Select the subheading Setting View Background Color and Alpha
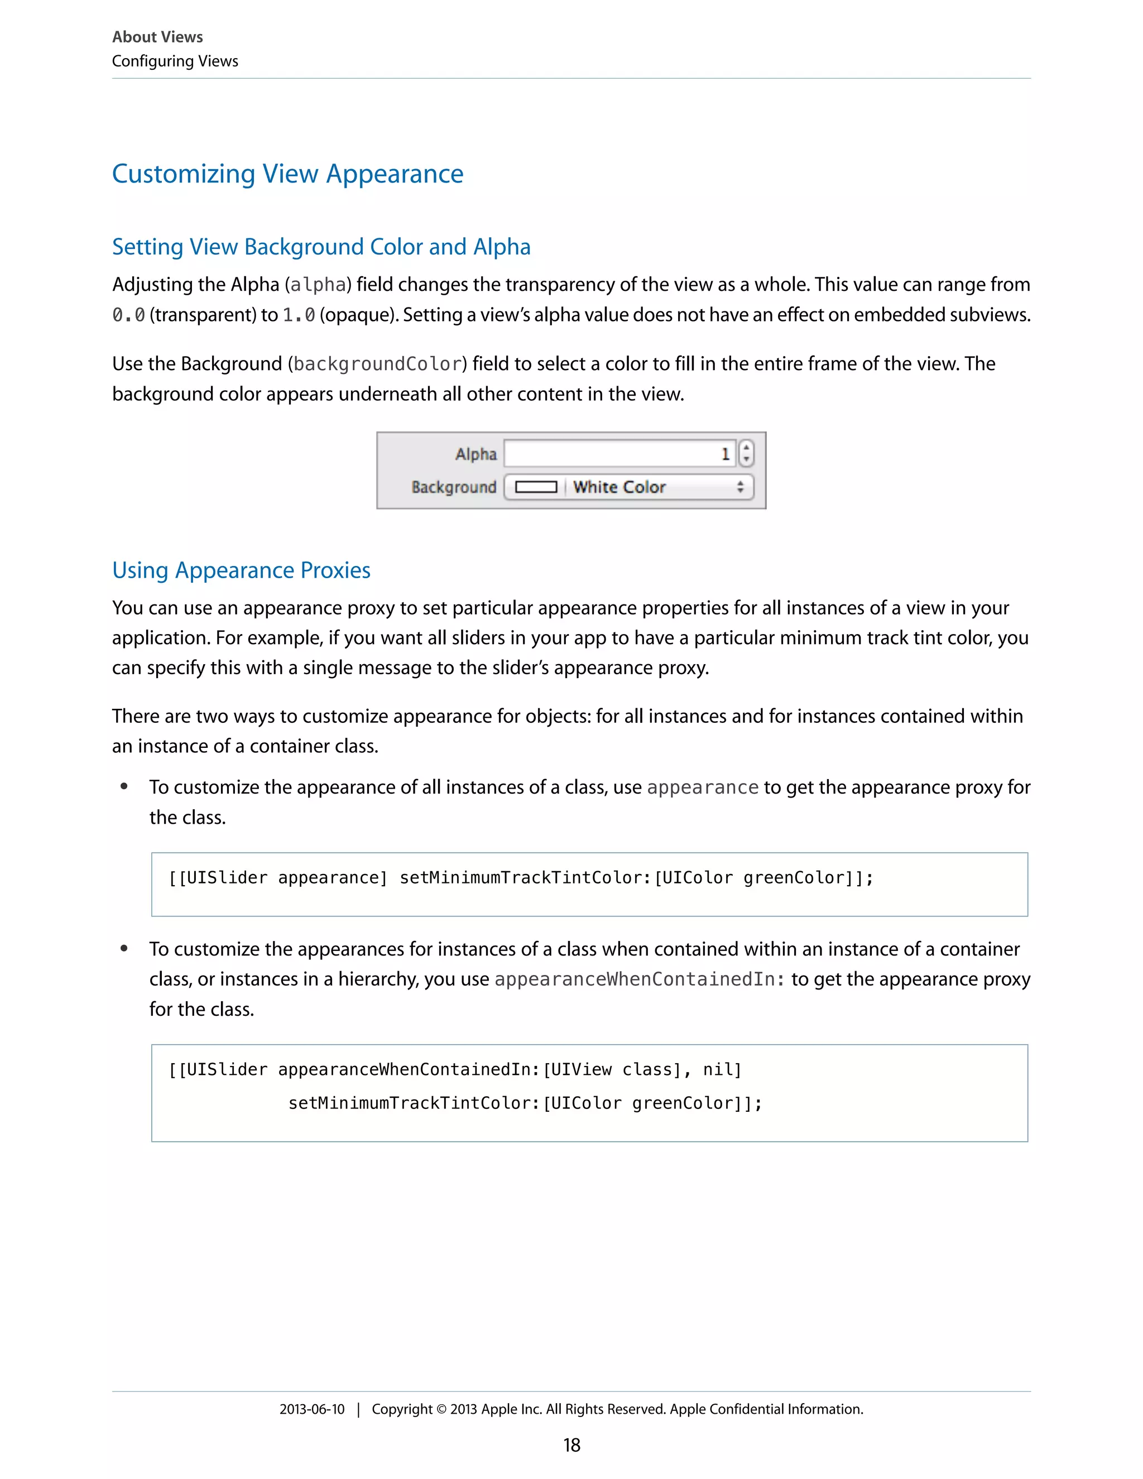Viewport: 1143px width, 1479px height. [x=321, y=247]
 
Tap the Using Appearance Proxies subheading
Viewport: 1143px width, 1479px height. [x=241, y=570]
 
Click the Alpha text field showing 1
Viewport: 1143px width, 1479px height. [x=619, y=454]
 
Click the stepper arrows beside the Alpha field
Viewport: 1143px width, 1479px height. [x=746, y=453]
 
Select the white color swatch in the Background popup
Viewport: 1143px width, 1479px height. [x=536, y=487]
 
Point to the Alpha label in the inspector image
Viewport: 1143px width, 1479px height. [x=476, y=454]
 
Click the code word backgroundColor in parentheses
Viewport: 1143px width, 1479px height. [x=377, y=364]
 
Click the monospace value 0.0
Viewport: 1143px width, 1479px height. [x=129, y=315]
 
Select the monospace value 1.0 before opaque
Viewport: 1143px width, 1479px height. [x=299, y=315]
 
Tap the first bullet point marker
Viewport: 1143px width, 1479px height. [x=124, y=786]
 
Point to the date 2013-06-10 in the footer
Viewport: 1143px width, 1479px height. [x=311, y=1409]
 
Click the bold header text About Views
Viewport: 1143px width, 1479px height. [x=157, y=37]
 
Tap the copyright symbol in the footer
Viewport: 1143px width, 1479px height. [x=441, y=1409]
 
